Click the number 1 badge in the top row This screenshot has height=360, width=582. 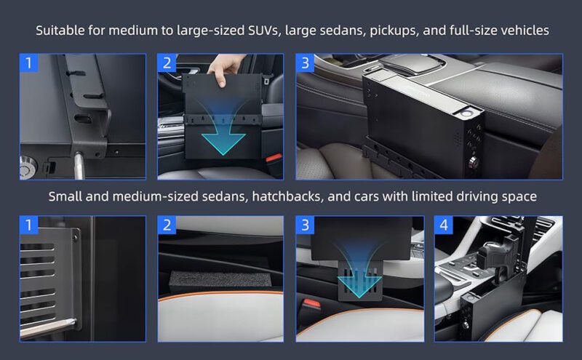(29, 63)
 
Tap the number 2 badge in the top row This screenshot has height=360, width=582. (167, 63)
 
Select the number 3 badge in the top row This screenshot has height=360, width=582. (305, 63)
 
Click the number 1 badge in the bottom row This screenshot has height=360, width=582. (29, 225)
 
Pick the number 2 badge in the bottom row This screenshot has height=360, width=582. (167, 225)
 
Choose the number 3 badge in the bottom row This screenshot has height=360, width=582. (305, 225)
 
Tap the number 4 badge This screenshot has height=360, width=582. (444, 225)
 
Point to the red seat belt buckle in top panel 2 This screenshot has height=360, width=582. (274, 159)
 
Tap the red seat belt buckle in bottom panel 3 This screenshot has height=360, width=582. (311, 307)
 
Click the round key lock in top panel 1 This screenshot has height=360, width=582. (27, 167)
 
